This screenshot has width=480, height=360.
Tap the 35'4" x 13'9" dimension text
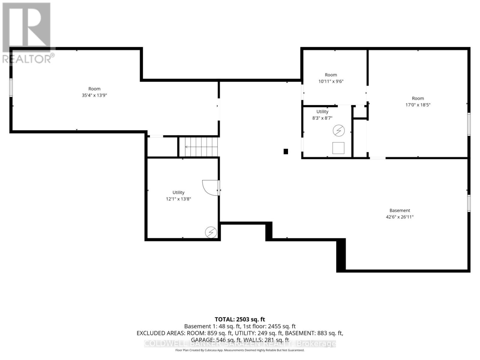(x=94, y=95)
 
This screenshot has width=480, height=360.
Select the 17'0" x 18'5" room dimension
(x=418, y=105)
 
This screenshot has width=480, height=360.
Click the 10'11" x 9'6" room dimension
(x=331, y=81)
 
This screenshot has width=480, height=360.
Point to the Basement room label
(x=400, y=211)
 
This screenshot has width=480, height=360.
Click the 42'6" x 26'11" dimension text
(x=400, y=217)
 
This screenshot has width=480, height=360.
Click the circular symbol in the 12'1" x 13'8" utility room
(x=211, y=232)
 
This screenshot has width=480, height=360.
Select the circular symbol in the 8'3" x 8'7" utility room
(x=338, y=130)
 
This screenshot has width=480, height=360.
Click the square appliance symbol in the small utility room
(x=338, y=148)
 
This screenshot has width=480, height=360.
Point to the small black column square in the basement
(x=286, y=151)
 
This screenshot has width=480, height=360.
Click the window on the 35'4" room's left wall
(x=11, y=87)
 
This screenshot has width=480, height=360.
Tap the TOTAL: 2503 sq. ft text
(x=240, y=319)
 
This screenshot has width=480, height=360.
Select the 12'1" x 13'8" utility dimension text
(x=178, y=199)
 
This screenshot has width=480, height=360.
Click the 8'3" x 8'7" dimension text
(x=322, y=118)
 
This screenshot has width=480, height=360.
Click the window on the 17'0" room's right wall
(x=469, y=124)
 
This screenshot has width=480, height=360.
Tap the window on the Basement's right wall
(x=469, y=203)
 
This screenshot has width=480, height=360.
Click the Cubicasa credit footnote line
(x=240, y=350)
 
